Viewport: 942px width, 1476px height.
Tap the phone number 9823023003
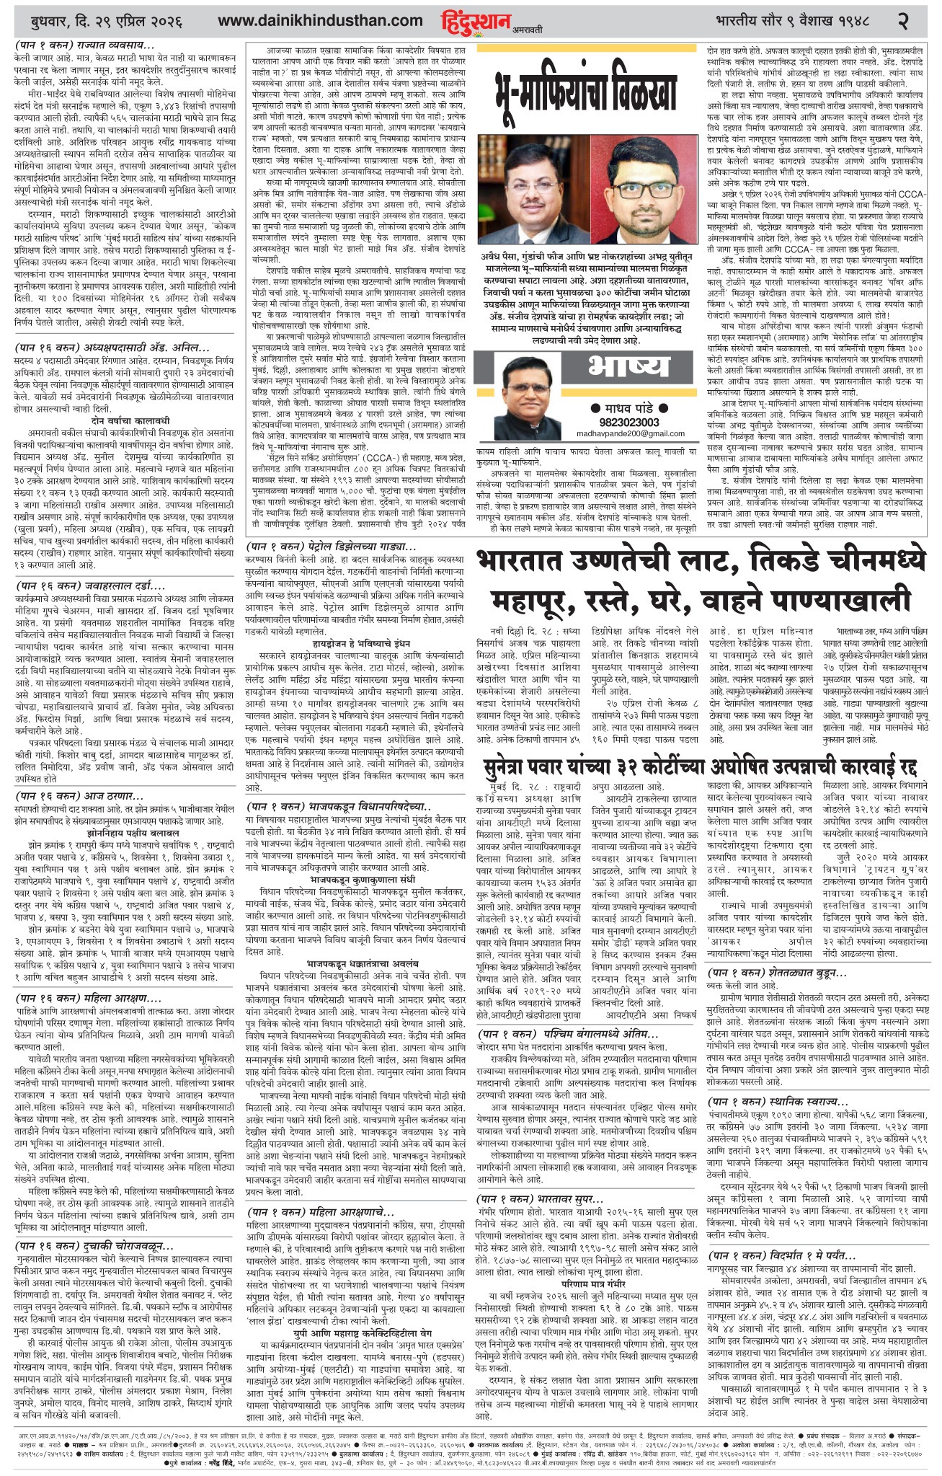tap(629, 422)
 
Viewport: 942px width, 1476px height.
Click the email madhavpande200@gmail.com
tap(630, 433)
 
